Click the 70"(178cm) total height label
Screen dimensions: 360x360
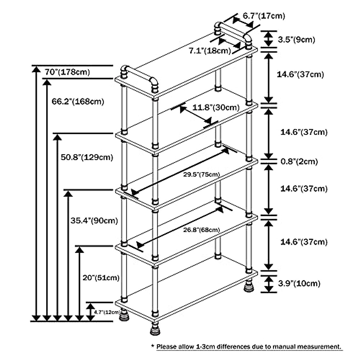pos(67,72)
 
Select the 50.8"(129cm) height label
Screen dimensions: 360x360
pos(87,157)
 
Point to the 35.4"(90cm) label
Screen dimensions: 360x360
pos(94,220)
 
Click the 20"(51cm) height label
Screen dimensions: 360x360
pos(101,278)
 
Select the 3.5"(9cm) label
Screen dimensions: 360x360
pos(296,39)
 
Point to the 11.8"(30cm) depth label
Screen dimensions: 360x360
pos(216,107)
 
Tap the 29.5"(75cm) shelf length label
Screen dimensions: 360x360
pos(201,174)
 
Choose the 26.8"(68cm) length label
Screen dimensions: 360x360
pos(201,230)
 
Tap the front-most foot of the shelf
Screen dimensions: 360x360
pos(155,329)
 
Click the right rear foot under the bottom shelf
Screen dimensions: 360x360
pos(249,286)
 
